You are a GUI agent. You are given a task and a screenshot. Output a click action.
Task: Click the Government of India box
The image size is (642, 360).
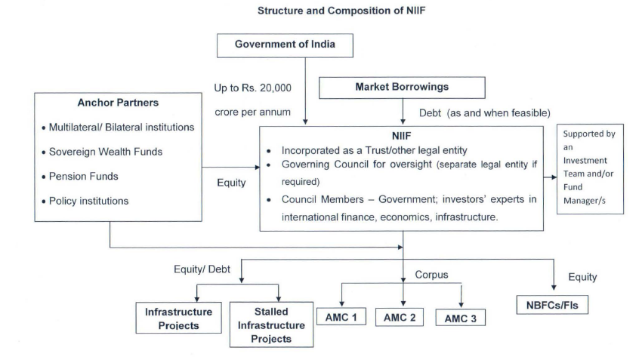point(285,45)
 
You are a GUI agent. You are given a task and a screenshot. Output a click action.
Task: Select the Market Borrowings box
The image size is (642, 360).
point(402,88)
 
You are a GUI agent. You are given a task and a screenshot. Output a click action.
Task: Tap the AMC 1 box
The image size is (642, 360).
point(341,316)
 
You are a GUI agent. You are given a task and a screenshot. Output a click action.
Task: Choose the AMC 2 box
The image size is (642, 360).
point(400,317)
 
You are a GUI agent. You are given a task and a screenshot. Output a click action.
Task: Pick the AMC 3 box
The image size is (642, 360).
point(461,318)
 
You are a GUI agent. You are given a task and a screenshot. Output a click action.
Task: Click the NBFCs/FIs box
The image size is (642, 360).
point(552,305)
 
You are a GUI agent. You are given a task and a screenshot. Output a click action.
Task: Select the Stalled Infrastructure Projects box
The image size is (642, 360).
point(271,325)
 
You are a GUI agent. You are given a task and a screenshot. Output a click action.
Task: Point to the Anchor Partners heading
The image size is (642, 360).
point(118,103)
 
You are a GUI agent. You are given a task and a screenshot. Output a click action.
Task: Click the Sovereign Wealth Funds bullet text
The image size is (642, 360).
point(106,152)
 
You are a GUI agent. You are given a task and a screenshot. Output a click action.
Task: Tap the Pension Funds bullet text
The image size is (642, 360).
point(84,177)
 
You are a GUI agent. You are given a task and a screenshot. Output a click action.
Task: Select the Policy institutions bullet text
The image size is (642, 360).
point(88,201)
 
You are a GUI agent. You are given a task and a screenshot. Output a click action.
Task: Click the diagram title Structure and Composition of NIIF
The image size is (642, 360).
point(341,11)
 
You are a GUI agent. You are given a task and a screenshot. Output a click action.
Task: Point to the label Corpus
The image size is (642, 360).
point(431,275)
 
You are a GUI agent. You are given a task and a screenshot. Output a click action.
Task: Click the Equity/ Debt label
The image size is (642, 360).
point(202,269)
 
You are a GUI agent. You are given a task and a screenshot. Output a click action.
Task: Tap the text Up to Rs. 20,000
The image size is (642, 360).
point(252,88)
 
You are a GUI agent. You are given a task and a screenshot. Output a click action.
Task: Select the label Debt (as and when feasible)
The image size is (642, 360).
point(485,113)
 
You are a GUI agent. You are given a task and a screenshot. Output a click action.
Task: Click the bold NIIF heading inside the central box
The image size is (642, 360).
point(401,137)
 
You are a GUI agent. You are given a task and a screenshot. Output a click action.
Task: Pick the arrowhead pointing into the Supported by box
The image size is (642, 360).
point(554,177)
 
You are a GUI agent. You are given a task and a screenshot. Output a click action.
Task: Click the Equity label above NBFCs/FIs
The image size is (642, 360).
point(582,278)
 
